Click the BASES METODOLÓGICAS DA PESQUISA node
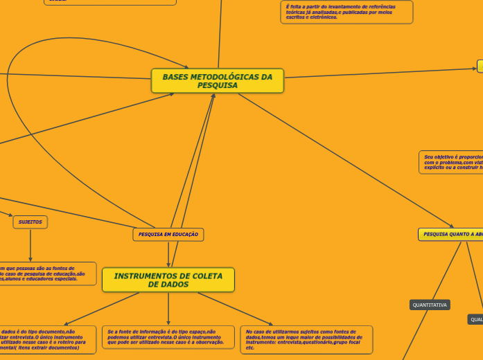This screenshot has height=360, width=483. point(217,81)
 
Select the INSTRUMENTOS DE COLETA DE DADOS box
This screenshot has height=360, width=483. point(168,280)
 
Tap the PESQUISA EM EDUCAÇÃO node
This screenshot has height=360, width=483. point(168,235)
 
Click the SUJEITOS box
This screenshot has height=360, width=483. point(30,222)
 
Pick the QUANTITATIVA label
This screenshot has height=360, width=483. point(430,305)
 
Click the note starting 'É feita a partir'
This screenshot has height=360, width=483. point(346,12)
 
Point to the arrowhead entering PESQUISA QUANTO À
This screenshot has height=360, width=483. point(452,226)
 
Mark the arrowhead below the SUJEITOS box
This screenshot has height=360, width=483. point(30,258)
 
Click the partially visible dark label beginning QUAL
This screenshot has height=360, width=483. point(475,320)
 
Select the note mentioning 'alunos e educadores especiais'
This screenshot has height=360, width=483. point(45,273)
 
